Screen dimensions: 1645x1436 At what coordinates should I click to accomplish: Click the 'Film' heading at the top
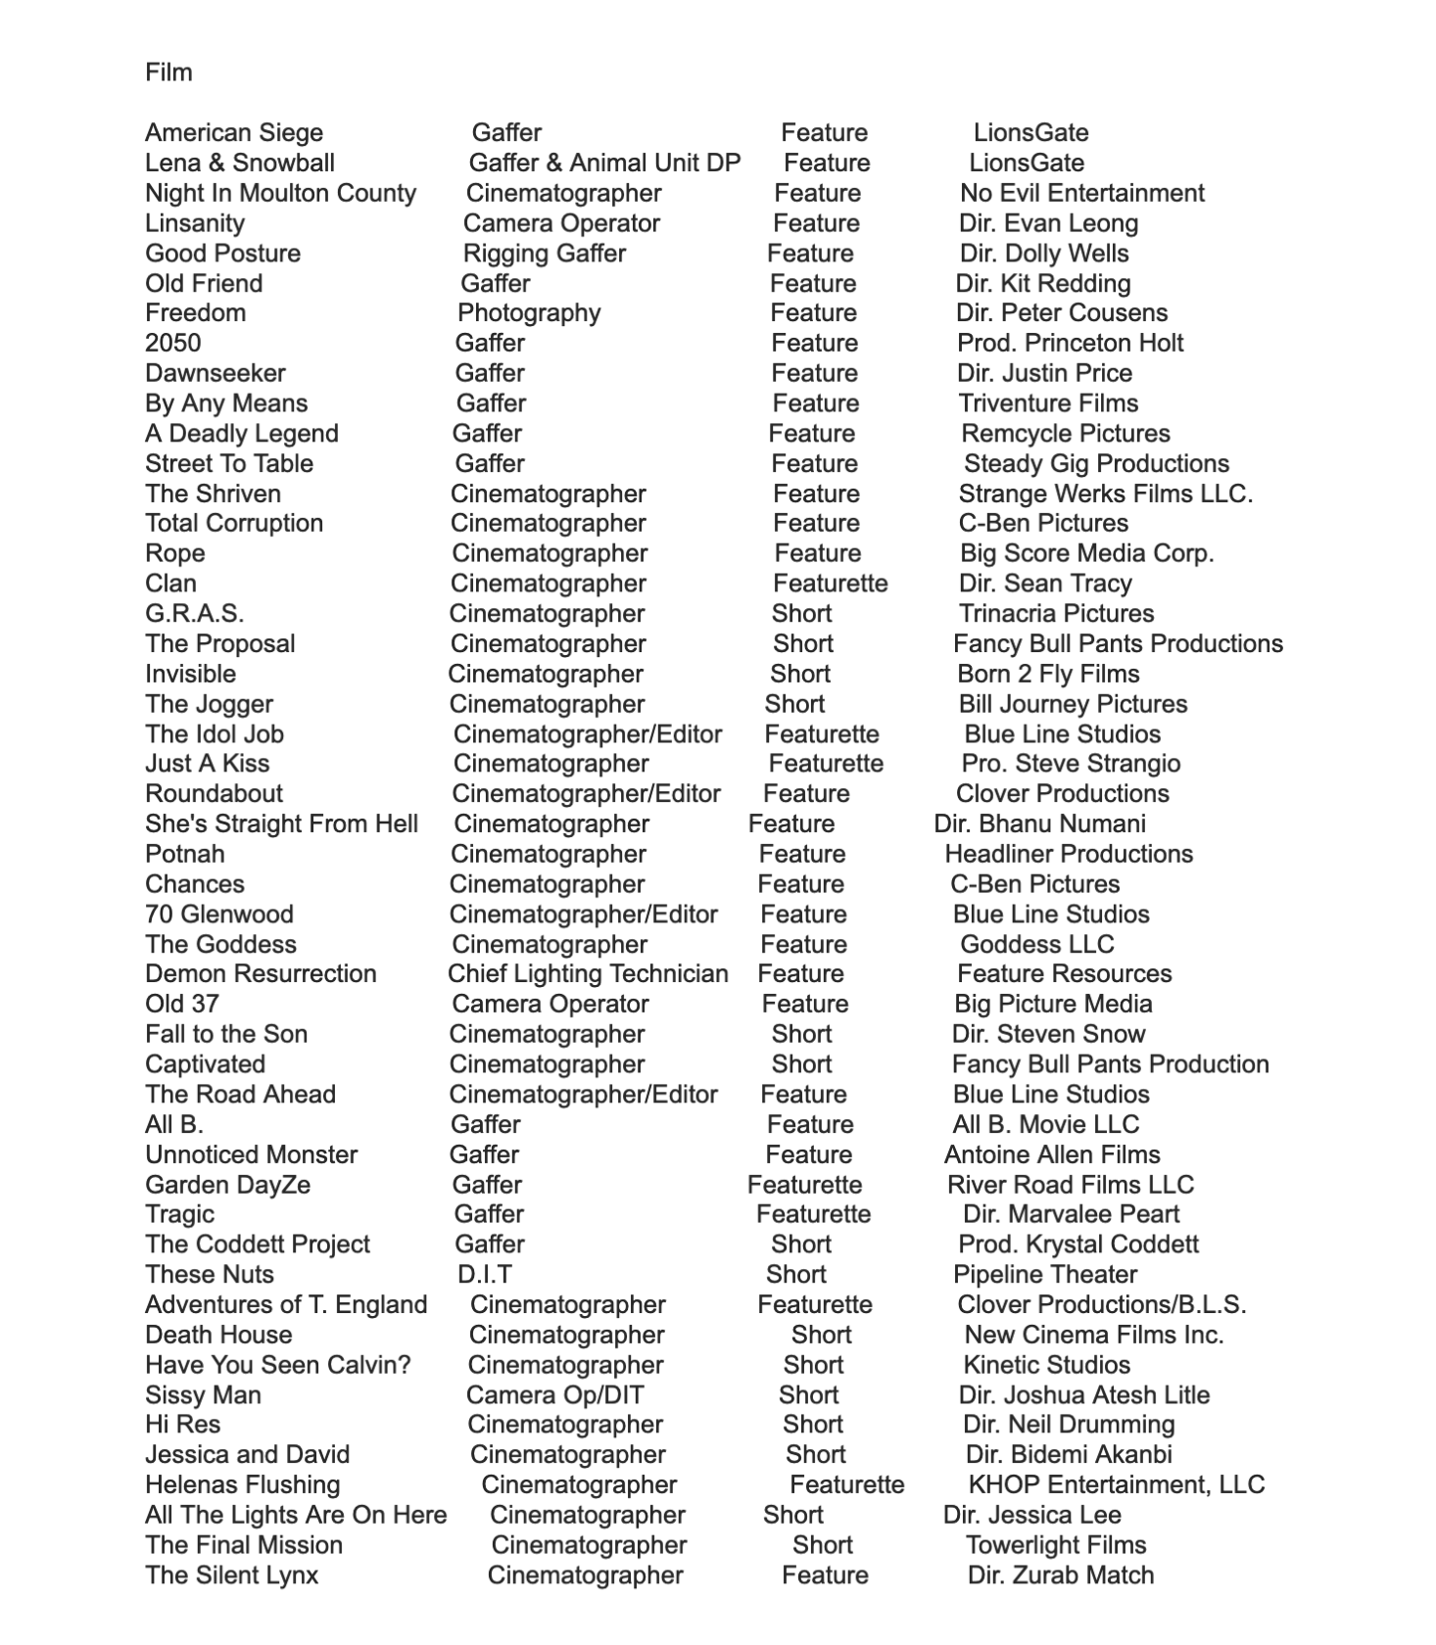coord(168,72)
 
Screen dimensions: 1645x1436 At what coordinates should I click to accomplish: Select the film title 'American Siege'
coord(234,133)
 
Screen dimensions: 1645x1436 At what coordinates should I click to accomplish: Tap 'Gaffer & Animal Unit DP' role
coord(604,164)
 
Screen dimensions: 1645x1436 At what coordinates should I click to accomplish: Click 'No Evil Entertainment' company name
coord(1081,193)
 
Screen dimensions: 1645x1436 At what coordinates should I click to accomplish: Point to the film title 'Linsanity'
coord(195,223)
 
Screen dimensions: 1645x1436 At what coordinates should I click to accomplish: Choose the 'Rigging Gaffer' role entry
coord(544,254)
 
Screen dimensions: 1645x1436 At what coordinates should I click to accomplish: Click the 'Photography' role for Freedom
coord(529,313)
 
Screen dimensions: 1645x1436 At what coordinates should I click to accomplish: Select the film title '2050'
coord(173,344)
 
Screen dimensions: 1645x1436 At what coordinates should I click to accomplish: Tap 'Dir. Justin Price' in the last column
coord(1044,373)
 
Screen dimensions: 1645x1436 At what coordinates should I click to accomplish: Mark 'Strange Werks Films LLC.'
coord(1105,493)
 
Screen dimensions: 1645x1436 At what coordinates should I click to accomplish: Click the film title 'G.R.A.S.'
coord(195,614)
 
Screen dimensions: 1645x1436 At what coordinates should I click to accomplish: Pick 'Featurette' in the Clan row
coord(830,584)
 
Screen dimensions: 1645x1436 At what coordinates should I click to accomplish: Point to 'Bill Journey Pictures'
coord(1073,704)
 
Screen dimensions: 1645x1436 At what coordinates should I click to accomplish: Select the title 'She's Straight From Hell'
coord(282,824)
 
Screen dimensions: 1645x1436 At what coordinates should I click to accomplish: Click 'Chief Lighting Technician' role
coord(588,974)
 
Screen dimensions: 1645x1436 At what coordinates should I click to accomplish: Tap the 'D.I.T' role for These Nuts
coord(484,1275)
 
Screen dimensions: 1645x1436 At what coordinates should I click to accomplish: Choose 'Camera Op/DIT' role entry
coord(554,1395)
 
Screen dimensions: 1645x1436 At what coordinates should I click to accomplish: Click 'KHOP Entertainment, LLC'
coord(1116,1485)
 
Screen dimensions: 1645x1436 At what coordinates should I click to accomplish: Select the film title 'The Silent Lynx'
coord(232,1575)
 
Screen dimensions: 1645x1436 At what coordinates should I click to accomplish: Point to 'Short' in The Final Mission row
coord(822,1545)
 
